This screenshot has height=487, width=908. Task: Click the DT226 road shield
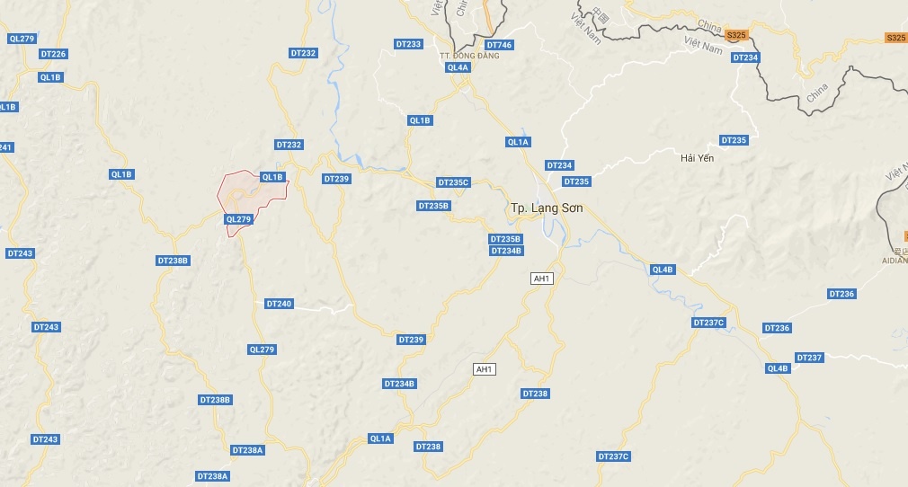coord(53,54)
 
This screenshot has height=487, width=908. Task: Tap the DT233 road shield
coord(408,44)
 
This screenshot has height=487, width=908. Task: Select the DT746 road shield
coord(499,45)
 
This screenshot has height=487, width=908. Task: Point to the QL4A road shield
coord(457,67)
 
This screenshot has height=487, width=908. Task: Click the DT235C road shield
coord(453,182)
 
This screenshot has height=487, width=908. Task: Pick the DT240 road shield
coord(279,304)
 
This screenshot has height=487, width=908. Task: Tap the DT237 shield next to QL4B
coord(809,358)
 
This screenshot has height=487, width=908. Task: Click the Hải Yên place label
coord(697,158)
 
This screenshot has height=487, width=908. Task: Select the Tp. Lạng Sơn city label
coord(547,208)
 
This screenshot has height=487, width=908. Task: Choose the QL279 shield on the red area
coord(239,218)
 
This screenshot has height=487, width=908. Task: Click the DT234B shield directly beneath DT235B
coord(506,251)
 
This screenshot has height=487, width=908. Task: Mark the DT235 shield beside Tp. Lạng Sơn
coord(576,182)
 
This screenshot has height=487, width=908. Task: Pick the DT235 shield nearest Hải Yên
coord(734,140)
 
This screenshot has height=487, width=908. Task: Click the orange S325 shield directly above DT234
coord(736,35)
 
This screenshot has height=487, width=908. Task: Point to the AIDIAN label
coord(895,260)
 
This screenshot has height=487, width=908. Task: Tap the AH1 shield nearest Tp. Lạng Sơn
coord(541,279)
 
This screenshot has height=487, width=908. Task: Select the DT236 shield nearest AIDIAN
coord(841,294)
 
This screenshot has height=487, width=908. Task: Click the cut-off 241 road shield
coord(5,147)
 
